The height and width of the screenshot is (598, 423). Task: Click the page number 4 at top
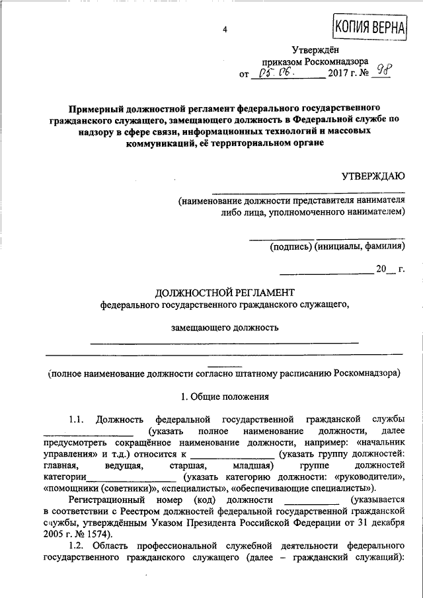[x=225, y=30]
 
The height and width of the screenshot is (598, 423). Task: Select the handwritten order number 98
[x=381, y=71]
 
